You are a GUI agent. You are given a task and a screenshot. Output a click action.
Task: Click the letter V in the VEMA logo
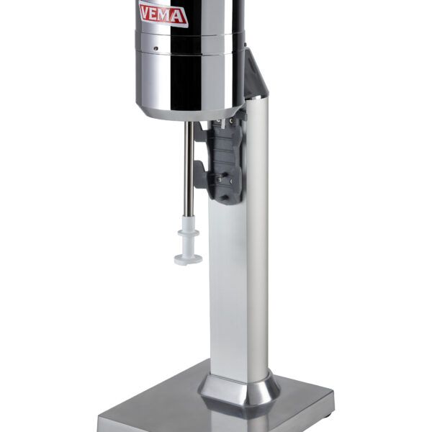[x=147, y=12]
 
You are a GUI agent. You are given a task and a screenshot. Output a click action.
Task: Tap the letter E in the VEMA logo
[x=157, y=14]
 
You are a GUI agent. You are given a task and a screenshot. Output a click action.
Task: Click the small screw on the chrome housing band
[x=156, y=48]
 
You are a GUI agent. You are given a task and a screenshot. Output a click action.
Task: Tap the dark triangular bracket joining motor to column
[x=254, y=74]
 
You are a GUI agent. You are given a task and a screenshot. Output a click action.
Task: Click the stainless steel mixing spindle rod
[x=189, y=168]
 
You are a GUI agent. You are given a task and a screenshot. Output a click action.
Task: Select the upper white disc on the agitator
[x=188, y=233]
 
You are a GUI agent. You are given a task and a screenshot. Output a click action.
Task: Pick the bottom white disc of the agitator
[x=188, y=259]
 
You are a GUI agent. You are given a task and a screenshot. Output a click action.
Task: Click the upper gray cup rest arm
[x=200, y=133]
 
